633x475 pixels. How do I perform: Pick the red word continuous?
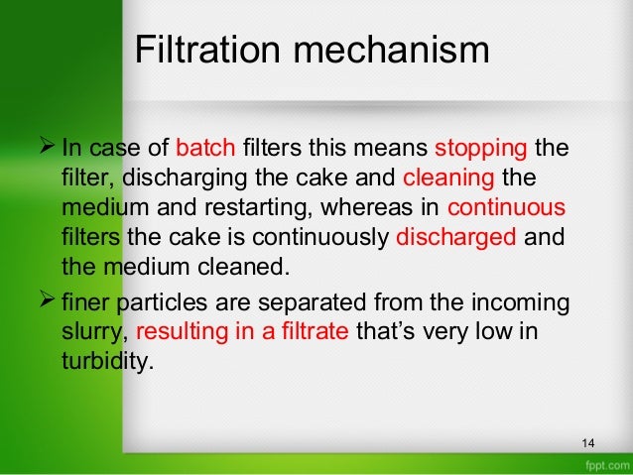tap(506, 209)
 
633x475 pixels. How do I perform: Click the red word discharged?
tap(455, 238)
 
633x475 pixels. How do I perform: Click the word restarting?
tap(270, 209)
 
